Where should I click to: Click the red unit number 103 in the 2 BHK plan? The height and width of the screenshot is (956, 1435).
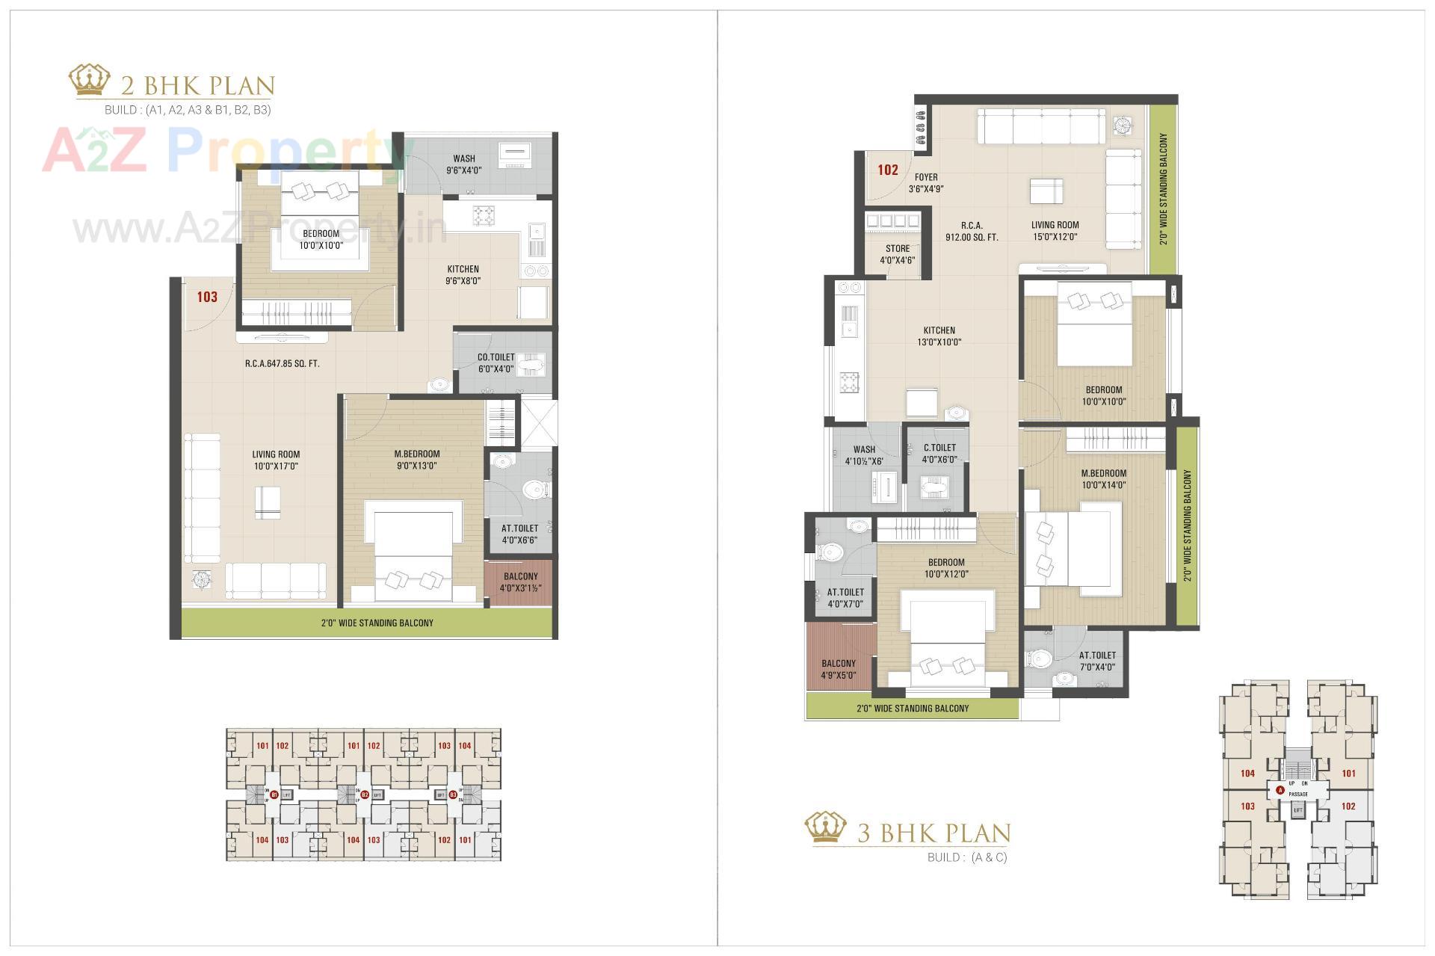[207, 297]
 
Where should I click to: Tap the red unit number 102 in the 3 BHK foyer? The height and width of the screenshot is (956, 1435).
[888, 170]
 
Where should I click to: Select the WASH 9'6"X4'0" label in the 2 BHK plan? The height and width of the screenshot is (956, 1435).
[464, 164]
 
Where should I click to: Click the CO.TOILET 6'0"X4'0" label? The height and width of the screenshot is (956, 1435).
[496, 363]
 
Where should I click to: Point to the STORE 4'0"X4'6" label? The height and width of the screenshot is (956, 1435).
[897, 254]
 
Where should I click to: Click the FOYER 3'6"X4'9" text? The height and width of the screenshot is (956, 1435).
[926, 183]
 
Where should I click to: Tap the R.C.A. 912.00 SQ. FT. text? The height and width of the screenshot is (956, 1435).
[972, 231]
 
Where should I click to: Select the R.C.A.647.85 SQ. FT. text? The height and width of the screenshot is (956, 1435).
[282, 364]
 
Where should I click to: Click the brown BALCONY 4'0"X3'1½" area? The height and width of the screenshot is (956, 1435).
[520, 582]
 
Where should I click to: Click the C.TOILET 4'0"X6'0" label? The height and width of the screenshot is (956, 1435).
[939, 453]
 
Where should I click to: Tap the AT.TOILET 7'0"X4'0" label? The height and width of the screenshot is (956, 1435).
[1096, 661]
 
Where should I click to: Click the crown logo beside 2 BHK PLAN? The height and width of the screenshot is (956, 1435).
[90, 81]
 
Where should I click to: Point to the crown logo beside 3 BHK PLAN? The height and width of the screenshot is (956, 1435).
[825, 828]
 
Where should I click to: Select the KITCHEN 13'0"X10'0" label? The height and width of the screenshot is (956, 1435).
[939, 336]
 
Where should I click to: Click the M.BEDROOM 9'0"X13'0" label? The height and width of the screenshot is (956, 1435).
[416, 459]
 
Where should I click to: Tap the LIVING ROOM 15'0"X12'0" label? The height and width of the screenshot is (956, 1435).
[1055, 230]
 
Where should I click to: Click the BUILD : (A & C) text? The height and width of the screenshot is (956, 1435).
[966, 857]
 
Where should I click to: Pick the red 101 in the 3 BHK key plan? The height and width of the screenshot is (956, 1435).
[1348, 774]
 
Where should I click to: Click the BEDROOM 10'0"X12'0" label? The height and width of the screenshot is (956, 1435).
[946, 568]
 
